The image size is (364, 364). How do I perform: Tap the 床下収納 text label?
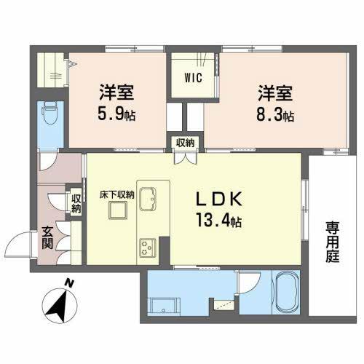pos(116,195)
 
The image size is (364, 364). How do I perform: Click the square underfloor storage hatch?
pos(116,212)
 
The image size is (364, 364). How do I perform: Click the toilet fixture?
pos(50,114)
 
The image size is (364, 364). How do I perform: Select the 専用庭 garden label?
pos(333,243)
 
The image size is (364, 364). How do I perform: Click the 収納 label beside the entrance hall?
pos(76,202)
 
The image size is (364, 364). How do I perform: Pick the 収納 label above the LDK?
pos(184,142)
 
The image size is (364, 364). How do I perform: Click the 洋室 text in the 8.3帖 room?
pos(274,92)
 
